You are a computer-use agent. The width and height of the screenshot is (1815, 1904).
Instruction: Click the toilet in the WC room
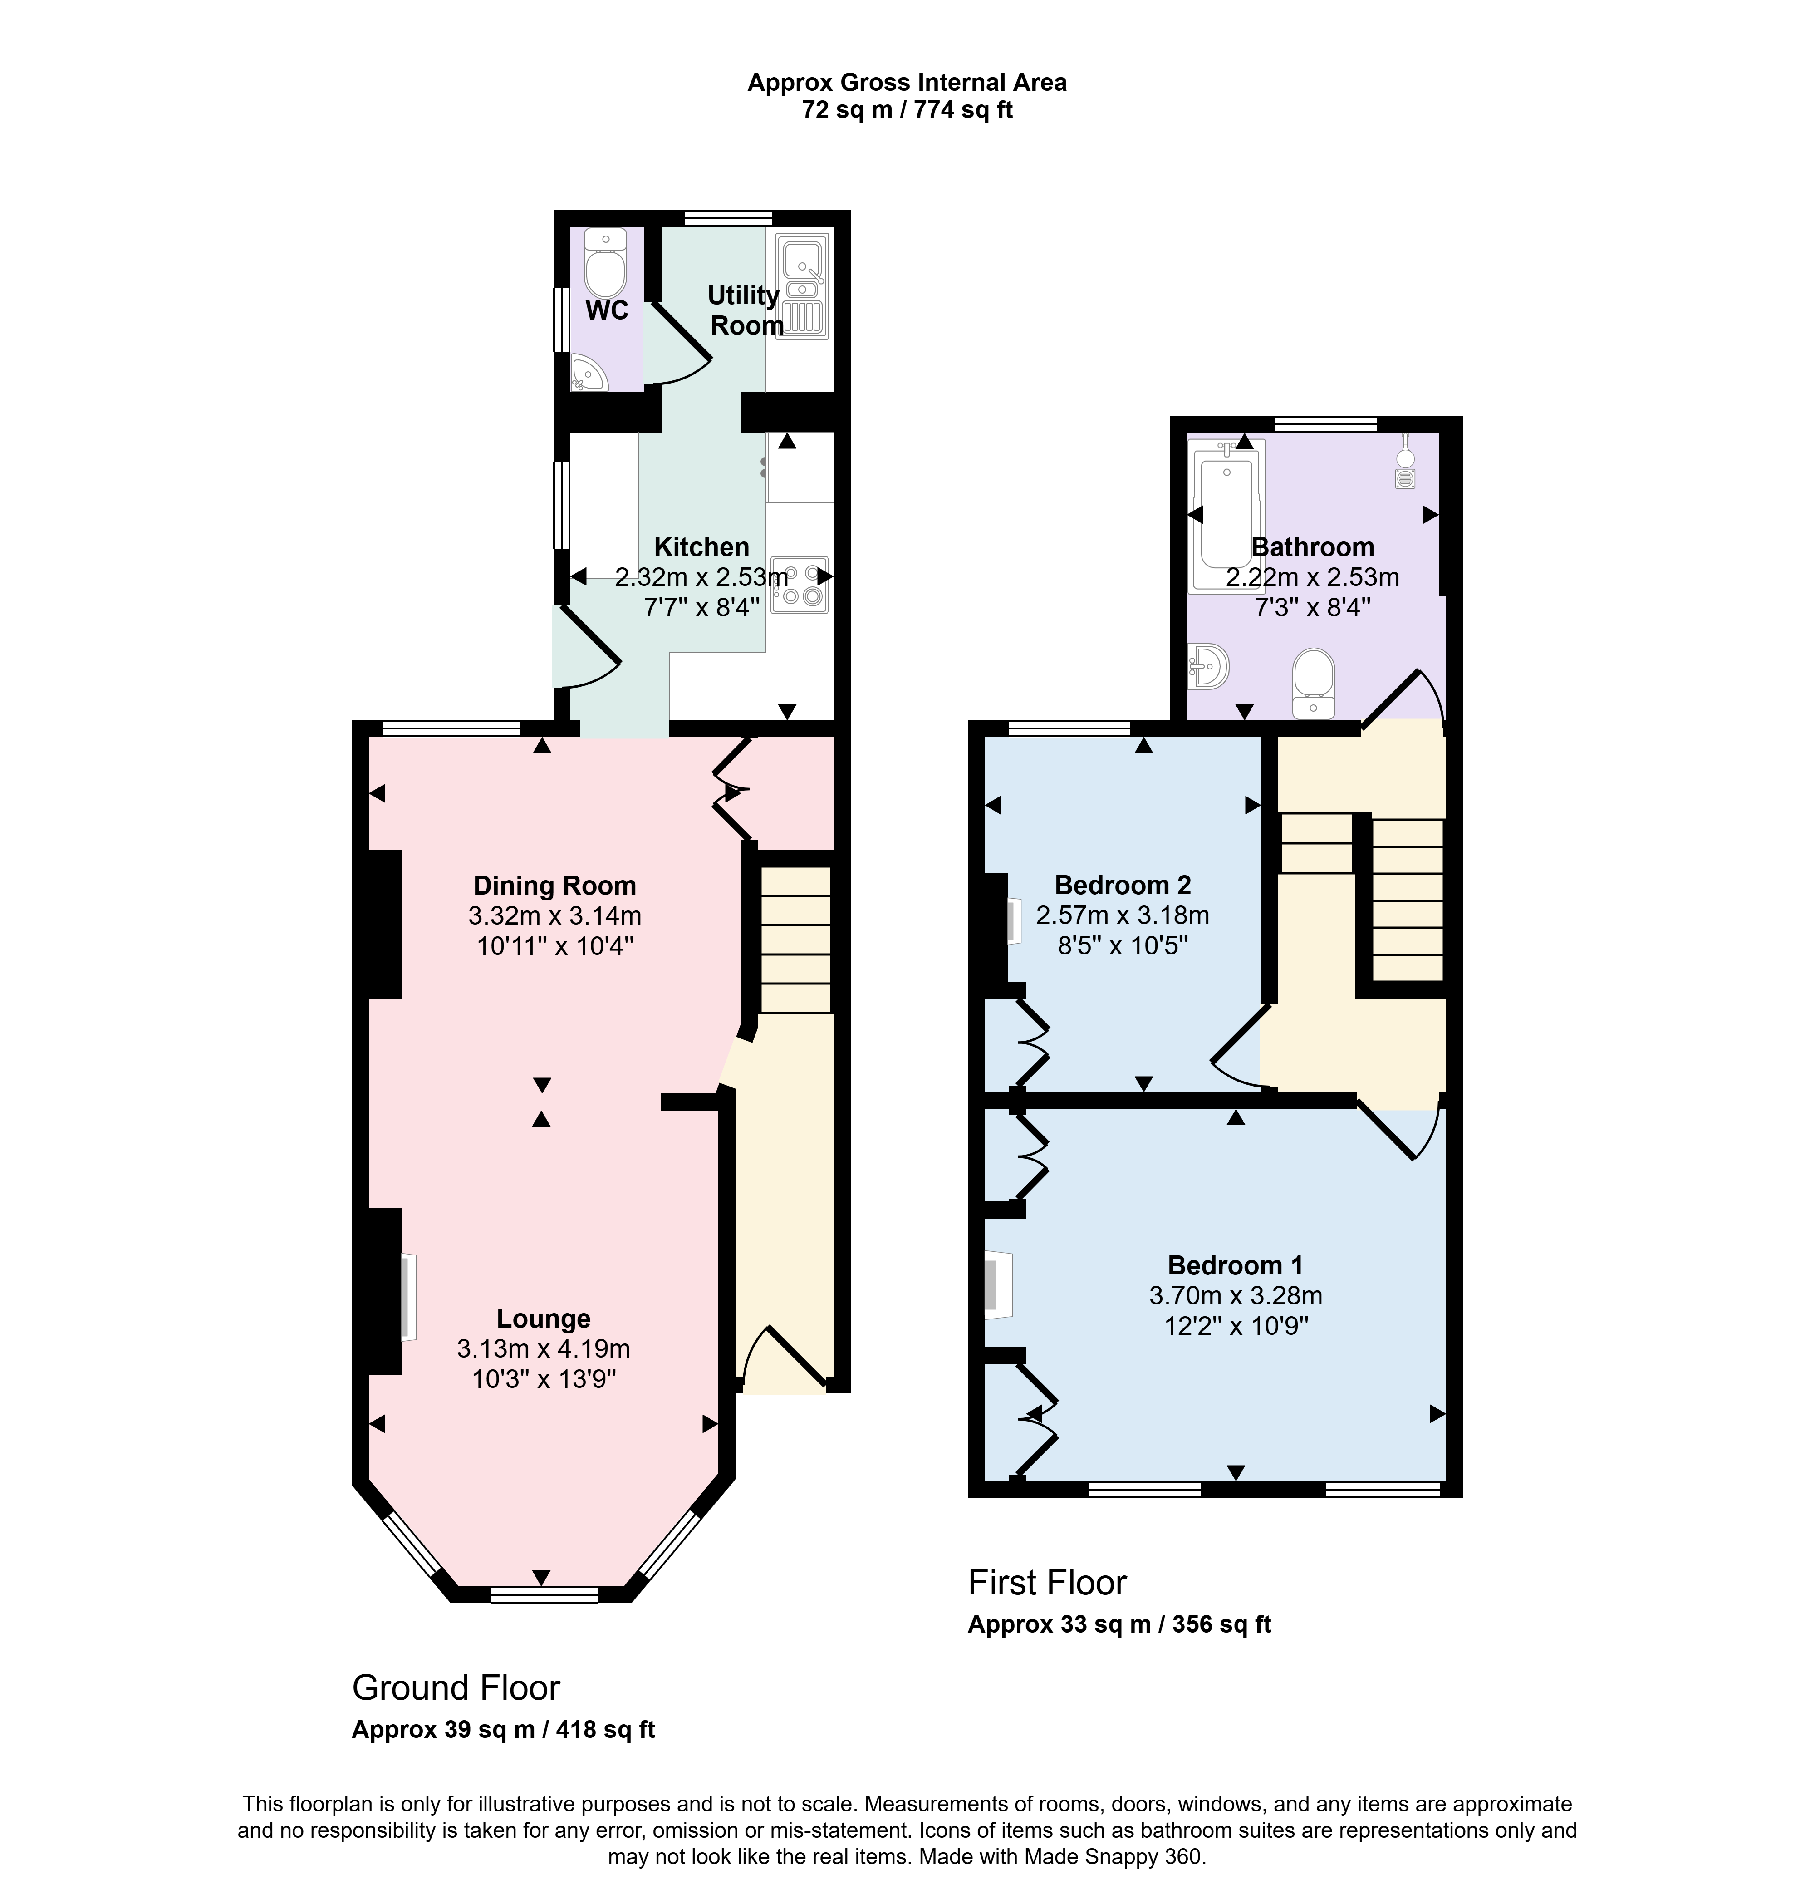click(x=607, y=264)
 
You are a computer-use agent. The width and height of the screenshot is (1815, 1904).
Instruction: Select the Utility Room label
click(x=744, y=310)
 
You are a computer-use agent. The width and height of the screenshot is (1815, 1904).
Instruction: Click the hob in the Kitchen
click(x=800, y=585)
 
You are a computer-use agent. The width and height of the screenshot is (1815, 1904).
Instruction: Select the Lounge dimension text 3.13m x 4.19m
click(x=544, y=1348)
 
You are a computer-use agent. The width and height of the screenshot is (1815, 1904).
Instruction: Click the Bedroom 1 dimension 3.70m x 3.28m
click(x=1236, y=1295)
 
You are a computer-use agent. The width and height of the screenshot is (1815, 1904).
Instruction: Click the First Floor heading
click(x=1048, y=1583)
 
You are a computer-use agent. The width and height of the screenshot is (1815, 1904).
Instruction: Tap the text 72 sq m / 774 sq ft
click(x=907, y=110)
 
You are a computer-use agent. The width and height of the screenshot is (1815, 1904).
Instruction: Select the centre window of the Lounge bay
click(x=544, y=1594)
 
